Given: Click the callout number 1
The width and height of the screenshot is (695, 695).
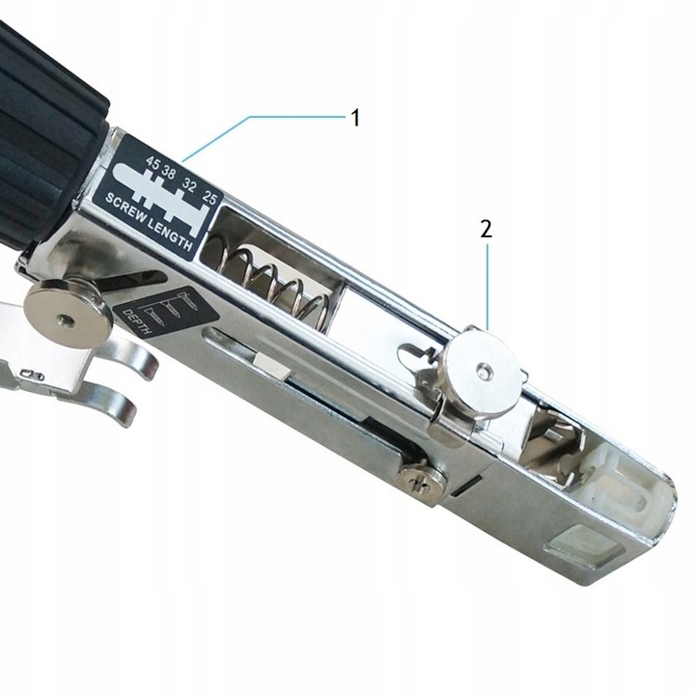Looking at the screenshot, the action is tap(355, 118).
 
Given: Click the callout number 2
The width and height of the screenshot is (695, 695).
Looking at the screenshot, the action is tap(486, 229).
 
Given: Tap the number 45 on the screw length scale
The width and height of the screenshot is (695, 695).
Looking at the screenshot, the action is tap(153, 163).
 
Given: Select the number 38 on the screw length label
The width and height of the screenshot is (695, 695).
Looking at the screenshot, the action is tap(168, 172).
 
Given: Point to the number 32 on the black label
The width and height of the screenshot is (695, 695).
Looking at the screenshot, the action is tap(188, 185).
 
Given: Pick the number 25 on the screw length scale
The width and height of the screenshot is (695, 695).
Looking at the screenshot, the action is tap(208, 197).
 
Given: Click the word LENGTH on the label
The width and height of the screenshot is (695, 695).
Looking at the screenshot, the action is tap(171, 235).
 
